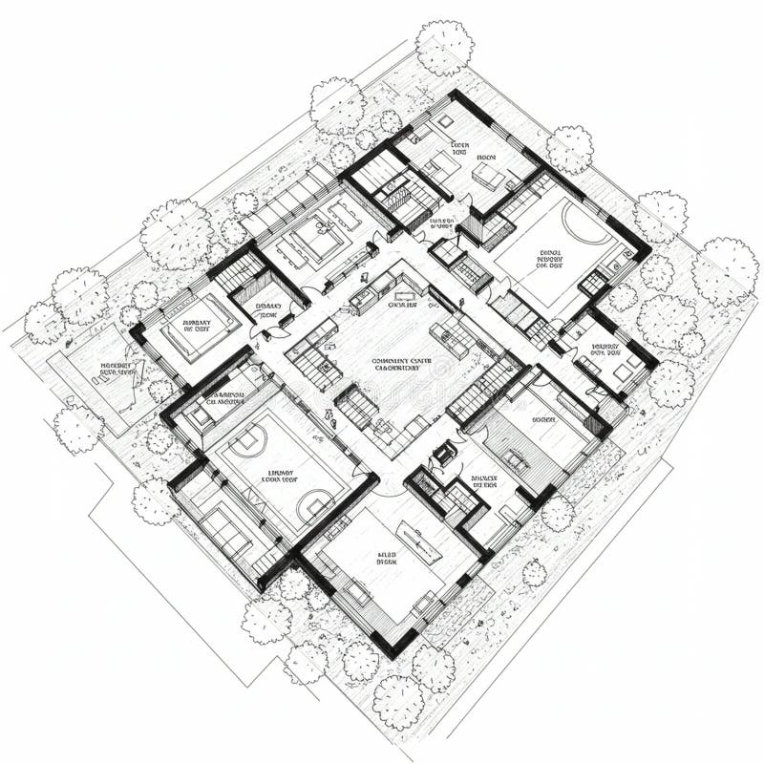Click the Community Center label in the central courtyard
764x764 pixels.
[x=402, y=364]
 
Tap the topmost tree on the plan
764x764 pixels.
[x=445, y=47]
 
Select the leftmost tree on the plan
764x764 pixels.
[x=44, y=322]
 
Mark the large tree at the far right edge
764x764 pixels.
[x=725, y=271]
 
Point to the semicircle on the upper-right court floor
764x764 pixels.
[x=581, y=221]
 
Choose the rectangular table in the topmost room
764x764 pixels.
[x=489, y=176]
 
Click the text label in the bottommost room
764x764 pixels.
[x=387, y=558]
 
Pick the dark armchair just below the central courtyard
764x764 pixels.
[x=442, y=453]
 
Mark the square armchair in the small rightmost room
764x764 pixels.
[x=623, y=371]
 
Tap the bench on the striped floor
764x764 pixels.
[x=517, y=460]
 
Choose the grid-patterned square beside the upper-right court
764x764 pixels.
[x=592, y=282]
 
